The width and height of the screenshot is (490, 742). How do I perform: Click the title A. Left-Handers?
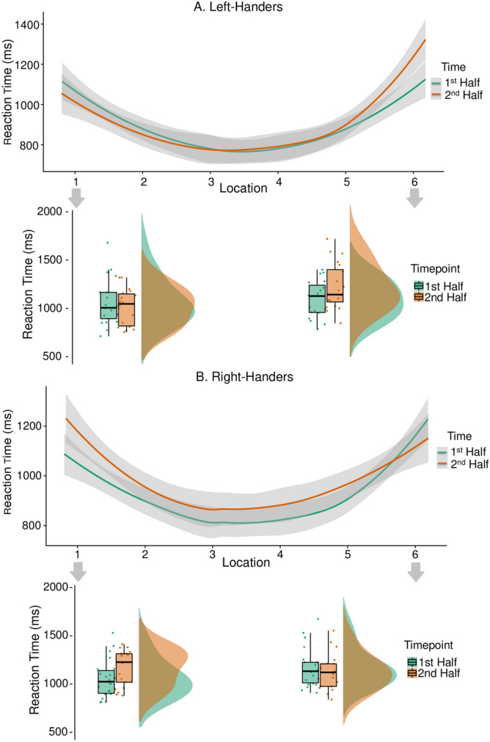[x=244, y=7]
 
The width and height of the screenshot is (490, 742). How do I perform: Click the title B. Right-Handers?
[x=244, y=379]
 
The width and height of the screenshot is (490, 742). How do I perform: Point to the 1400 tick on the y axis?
[x=32, y=24]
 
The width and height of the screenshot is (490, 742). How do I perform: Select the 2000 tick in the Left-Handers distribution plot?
[x=52, y=212]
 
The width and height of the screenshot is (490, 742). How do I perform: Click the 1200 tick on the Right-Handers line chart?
[x=32, y=426]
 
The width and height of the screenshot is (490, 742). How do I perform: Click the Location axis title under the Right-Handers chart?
[x=244, y=563]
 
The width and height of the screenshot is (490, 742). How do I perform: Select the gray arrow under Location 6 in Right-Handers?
[x=416, y=571]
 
